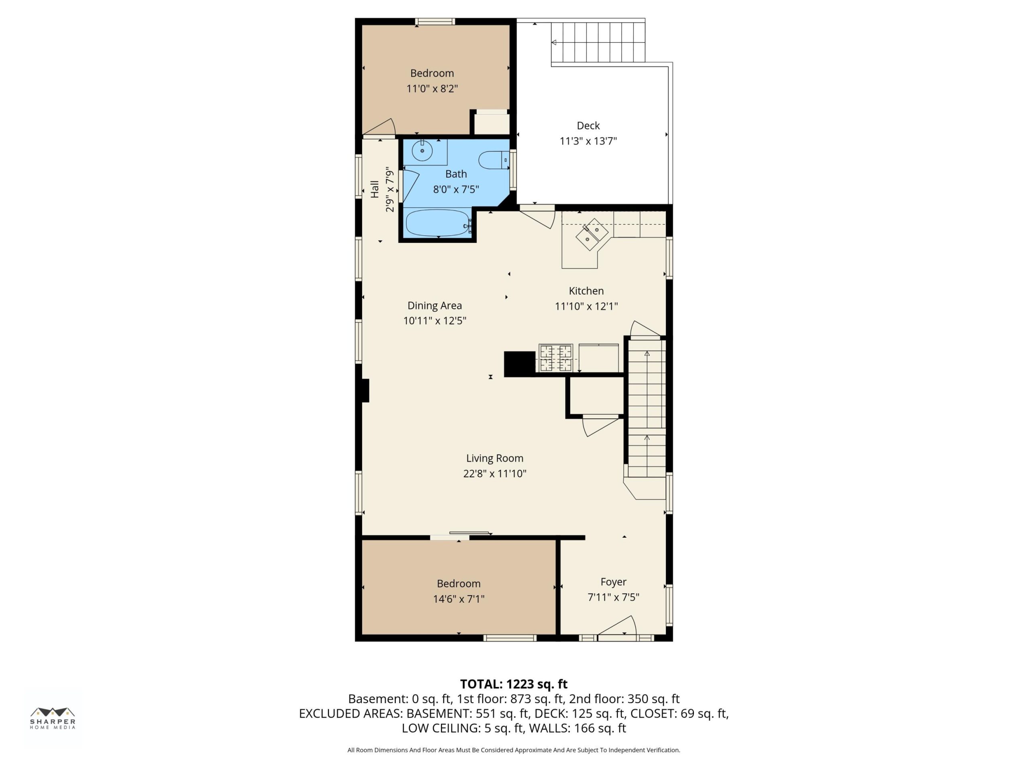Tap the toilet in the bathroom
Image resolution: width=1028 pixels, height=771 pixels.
pyautogui.click(x=494, y=160)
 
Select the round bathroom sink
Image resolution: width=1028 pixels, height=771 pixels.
pyautogui.click(x=422, y=151)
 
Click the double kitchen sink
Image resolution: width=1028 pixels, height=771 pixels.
pyautogui.click(x=592, y=234)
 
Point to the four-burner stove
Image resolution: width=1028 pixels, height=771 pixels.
pyautogui.click(x=556, y=357)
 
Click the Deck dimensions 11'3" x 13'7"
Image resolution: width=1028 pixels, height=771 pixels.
pyautogui.click(x=588, y=141)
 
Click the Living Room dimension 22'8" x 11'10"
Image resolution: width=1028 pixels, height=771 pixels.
pyautogui.click(x=494, y=473)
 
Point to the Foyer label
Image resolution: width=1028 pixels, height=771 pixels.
pyautogui.click(x=614, y=582)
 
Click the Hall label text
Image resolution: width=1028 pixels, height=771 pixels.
pyautogui.click(x=375, y=189)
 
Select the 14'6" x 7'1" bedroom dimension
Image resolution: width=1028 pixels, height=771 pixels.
pyautogui.click(x=459, y=599)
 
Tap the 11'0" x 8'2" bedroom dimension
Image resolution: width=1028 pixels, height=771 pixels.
pyautogui.click(x=432, y=88)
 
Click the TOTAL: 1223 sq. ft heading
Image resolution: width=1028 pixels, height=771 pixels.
pyautogui.click(x=514, y=684)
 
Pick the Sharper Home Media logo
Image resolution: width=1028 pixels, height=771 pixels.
pyautogui.click(x=53, y=718)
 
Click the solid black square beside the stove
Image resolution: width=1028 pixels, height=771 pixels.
pyautogui.click(x=520, y=364)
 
